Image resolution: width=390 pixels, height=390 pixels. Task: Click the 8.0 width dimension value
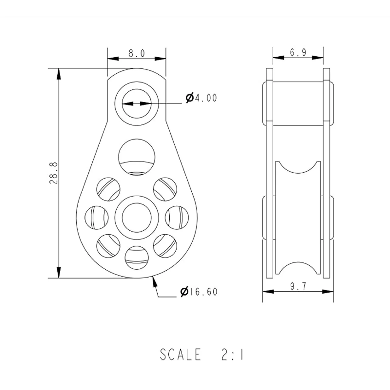pos(136,53)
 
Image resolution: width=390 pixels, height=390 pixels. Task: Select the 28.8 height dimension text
pos(54,173)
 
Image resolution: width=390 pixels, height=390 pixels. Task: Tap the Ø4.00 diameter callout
pos(201,98)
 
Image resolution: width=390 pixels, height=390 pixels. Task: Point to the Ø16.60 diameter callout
pos(199,292)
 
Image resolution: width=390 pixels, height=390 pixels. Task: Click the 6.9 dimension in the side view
pos(298,53)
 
